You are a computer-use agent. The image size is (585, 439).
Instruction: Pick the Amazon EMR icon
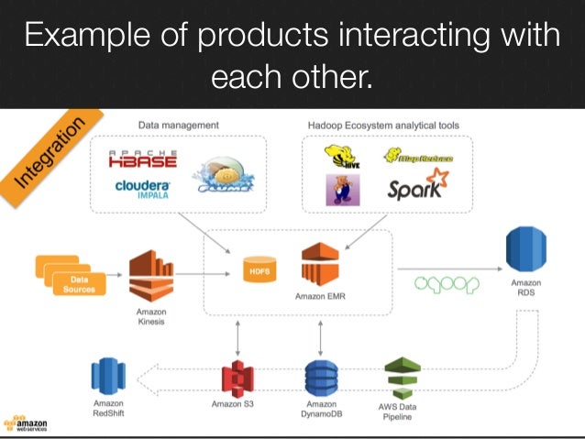(x=320, y=266)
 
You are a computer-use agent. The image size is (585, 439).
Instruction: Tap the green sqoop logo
(x=447, y=283)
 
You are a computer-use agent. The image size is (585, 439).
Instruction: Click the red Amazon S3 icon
(x=237, y=379)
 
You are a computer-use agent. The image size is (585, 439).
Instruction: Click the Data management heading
(x=178, y=125)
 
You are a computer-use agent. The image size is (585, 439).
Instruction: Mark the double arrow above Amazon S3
(x=238, y=337)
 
